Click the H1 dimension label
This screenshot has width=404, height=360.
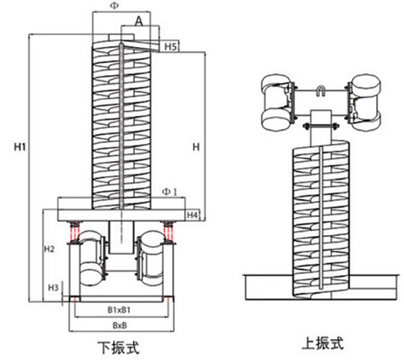(x=20, y=147)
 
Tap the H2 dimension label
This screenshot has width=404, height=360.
(x=50, y=249)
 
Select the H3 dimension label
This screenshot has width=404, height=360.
(x=53, y=287)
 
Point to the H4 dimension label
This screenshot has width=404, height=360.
(x=192, y=215)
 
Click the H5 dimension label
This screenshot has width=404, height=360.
(x=170, y=46)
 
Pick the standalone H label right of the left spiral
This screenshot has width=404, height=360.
(x=196, y=147)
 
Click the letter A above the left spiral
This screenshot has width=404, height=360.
(x=139, y=21)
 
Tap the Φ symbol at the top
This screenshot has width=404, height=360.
(x=114, y=6)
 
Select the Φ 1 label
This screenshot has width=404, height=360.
(x=169, y=192)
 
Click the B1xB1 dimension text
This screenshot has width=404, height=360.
(x=119, y=310)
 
